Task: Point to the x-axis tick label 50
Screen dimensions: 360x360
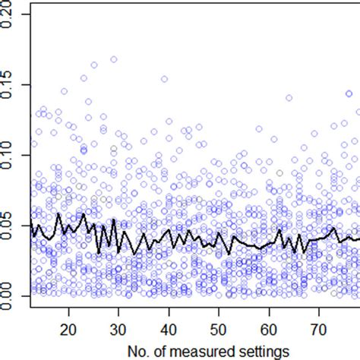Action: click(x=219, y=331)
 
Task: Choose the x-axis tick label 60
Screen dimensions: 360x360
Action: click(x=269, y=331)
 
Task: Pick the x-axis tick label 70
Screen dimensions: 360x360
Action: click(x=318, y=331)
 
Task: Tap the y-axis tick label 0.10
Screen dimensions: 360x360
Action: click(x=8, y=154)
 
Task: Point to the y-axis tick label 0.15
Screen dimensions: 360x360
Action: click(x=8, y=84)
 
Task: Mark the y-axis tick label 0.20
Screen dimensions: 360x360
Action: click(x=8, y=17)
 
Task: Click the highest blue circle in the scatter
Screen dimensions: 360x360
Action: click(x=114, y=59)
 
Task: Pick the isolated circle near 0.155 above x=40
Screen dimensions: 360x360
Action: click(x=164, y=78)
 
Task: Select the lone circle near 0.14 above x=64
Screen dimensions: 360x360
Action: click(x=289, y=98)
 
